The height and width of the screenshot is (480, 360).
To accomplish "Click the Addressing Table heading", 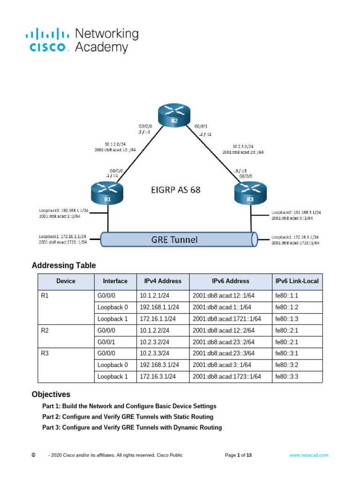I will tap(64, 266).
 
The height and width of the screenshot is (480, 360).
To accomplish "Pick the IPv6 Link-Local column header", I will tap(297, 281).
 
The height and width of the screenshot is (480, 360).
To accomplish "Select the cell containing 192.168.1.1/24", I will tap(159, 307).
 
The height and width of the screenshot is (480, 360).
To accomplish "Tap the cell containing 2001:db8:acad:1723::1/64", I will tap(227, 376).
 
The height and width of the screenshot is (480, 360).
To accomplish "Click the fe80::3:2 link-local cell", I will tap(286, 365).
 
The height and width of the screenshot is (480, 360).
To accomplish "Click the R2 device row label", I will tap(45, 330).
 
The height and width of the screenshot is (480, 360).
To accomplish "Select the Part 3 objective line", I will tap(132, 427).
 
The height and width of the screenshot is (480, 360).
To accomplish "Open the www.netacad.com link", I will tap(308, 455).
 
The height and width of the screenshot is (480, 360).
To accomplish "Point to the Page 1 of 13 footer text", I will tap(239, 455).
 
